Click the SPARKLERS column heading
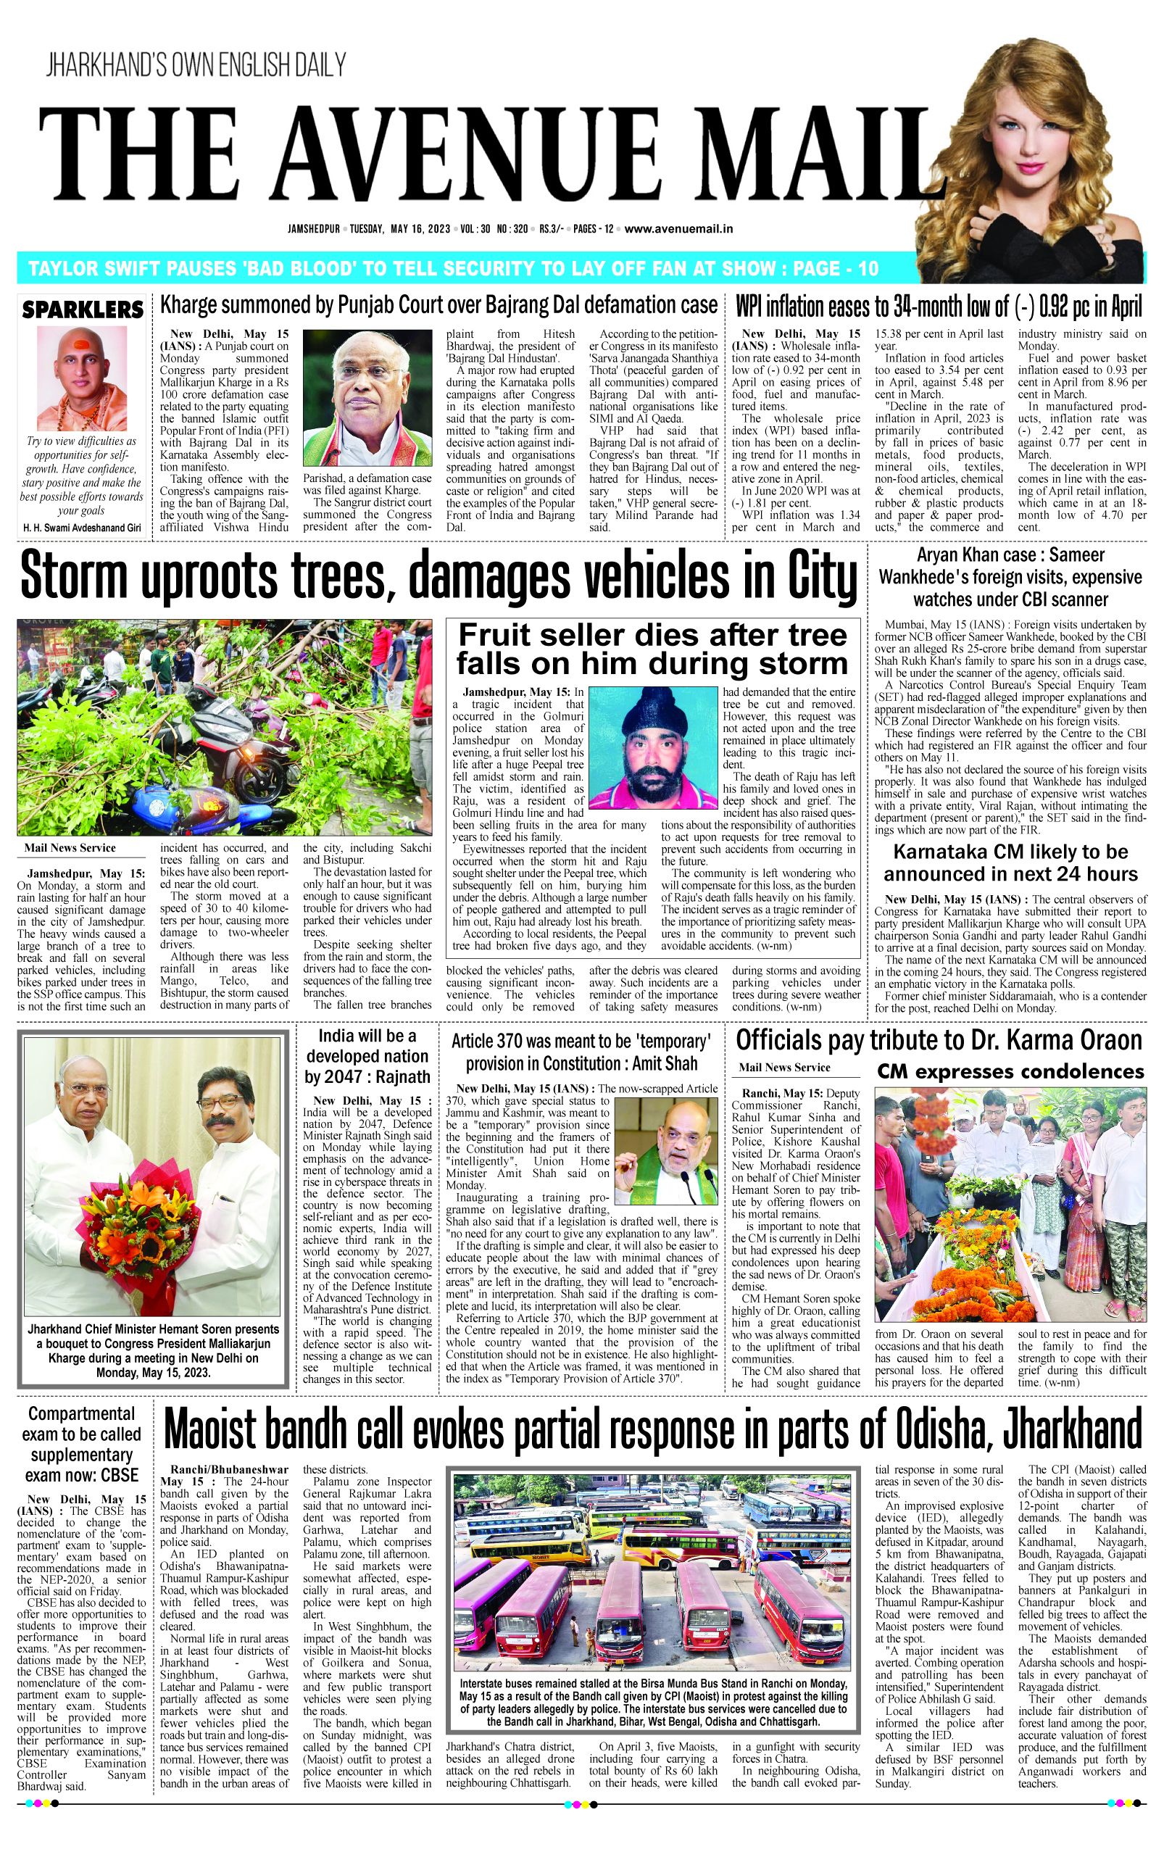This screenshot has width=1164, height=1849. pyautogui.click(x=82, y=309)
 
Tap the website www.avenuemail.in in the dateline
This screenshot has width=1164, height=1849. pyautogui.click(x=678, y=229)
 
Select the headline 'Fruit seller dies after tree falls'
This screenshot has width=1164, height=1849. pyautogui.click(x=652, y=649)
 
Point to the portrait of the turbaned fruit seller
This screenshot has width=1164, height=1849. pyautogui.click(x=652, y=748)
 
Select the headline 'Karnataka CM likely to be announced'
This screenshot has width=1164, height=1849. pyautogui.click(x=1010, y=863)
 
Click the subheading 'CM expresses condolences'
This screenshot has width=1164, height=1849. pyautogui.click(x=1010, y=1071)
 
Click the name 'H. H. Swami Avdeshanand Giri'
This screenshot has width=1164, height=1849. pyautogui.click(x=81, y=528)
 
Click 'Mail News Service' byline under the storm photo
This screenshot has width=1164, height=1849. pyautogui.click(x=70, y=848)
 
